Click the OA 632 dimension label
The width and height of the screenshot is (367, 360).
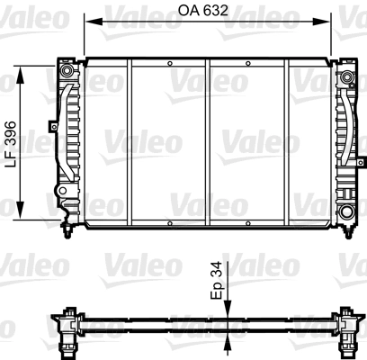(203, 11)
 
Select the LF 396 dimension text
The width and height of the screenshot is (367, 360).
(11, 144)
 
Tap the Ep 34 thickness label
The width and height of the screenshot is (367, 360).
(216, 280)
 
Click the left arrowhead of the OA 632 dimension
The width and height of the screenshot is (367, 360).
(94, 22)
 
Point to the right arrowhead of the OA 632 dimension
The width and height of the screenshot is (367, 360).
(321, 22)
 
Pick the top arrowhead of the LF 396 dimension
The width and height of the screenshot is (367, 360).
(20, 75)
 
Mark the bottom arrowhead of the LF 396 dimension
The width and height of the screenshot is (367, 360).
(20, 210)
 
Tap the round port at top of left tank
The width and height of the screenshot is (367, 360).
(66, 71)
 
